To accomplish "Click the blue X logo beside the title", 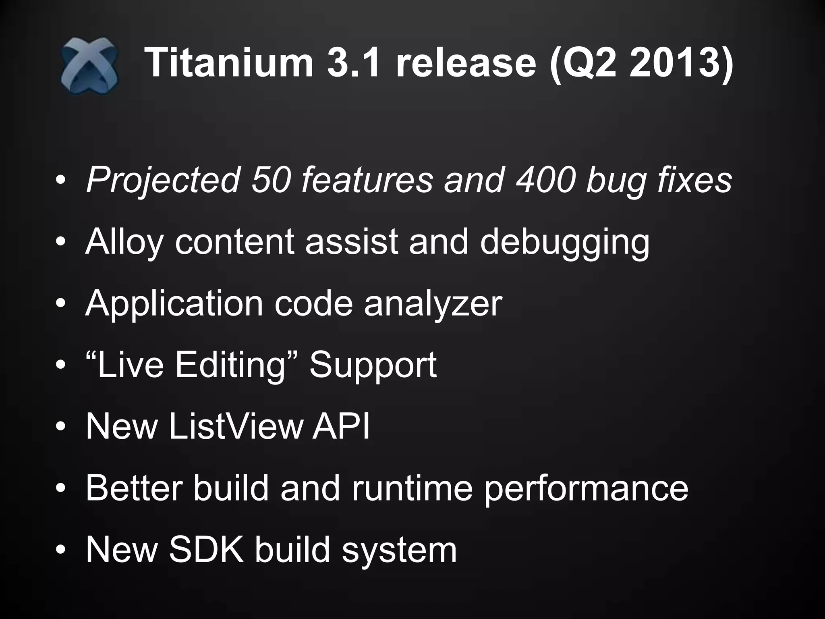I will [89, 66].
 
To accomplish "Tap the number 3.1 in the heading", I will [353, 62].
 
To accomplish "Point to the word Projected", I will [163, 180].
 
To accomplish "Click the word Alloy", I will [124, 242].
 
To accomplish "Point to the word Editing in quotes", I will [230, 365].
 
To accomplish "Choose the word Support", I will [373, 366].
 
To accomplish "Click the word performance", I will [586, 489].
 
